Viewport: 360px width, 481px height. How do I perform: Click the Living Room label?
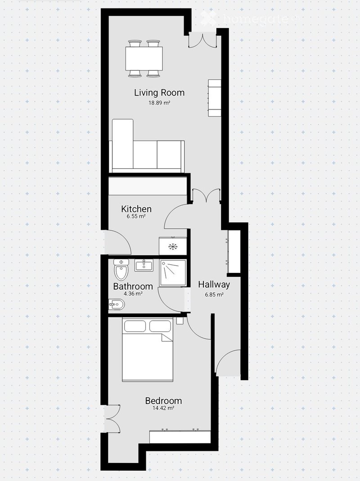(159, 93)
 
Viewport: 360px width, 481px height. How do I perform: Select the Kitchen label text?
(136, 209)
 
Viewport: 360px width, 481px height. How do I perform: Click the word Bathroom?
(133, 286)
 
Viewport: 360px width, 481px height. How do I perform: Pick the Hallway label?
(214, 284)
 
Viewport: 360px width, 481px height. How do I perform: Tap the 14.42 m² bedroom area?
(163, 408)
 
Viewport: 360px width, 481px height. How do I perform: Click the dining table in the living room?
(144, 58)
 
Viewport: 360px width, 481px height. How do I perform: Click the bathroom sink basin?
(144, 265)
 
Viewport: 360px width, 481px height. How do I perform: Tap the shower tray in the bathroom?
(173, 273)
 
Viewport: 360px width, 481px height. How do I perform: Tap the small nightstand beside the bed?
(180, 321)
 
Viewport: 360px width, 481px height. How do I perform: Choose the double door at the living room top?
(202, 39)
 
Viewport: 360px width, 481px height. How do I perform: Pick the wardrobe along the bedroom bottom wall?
(180, 436)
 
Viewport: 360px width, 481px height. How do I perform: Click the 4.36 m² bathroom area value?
(133, 294)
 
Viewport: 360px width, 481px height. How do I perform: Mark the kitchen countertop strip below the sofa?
(148, 186)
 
